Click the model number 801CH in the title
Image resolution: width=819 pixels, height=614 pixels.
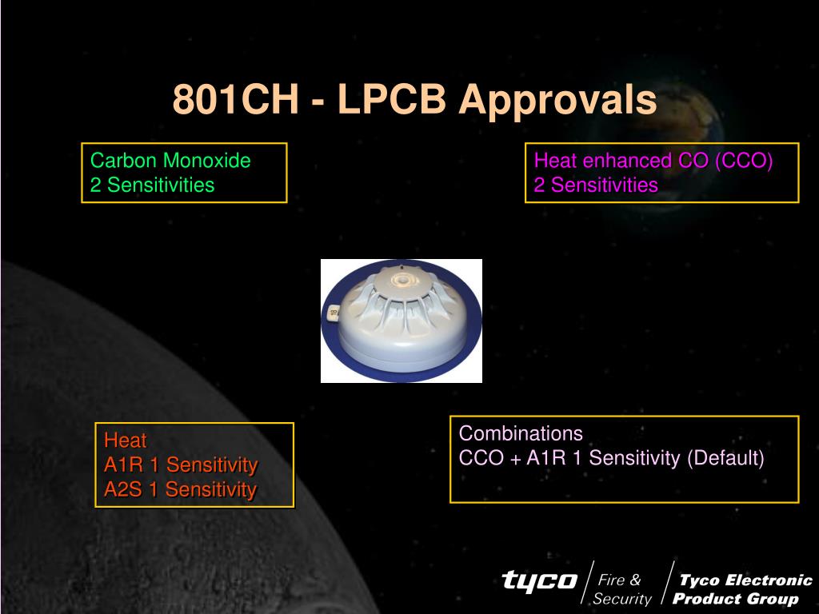(236, 98)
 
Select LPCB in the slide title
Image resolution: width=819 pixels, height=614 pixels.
(392, 98)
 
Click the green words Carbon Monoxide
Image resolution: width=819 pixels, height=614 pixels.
(170, 160)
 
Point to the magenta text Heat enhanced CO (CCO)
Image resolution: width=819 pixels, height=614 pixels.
(653, 161)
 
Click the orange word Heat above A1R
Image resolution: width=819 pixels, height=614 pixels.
(126, 441)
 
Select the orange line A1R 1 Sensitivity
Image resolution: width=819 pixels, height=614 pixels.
(181, 464)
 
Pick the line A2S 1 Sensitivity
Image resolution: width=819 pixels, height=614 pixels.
(180, 489)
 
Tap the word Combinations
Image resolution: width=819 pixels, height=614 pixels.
(521, 433)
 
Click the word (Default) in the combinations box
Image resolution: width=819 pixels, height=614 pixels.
(725, 458)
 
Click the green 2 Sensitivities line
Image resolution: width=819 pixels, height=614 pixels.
(152, 185)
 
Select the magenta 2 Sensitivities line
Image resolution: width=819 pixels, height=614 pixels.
(595, 185)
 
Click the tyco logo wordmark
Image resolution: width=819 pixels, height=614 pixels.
(540, 580)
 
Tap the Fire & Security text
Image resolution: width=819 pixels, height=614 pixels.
(621, 589)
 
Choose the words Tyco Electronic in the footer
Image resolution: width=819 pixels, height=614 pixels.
(746, 580)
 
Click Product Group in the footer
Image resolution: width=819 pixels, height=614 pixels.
(736, 598)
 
